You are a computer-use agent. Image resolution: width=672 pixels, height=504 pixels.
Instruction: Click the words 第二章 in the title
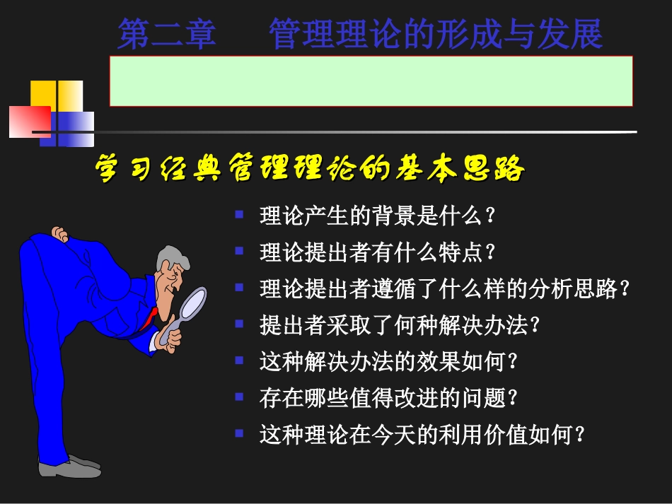tap(167, 35)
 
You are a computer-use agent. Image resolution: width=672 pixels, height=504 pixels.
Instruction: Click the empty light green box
tap(371, 81)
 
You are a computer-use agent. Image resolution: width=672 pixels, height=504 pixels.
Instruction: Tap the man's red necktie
tap(149, 320)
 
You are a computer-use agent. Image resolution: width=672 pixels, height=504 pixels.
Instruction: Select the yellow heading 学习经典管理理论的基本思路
tap(310, 170)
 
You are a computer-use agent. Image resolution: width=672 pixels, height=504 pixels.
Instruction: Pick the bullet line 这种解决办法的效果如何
tap(389, 362)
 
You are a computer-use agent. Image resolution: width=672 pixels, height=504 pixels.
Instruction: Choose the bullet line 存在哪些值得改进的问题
tap(389, 399)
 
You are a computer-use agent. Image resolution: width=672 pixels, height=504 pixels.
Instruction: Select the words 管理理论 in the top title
tap(328, 35)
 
